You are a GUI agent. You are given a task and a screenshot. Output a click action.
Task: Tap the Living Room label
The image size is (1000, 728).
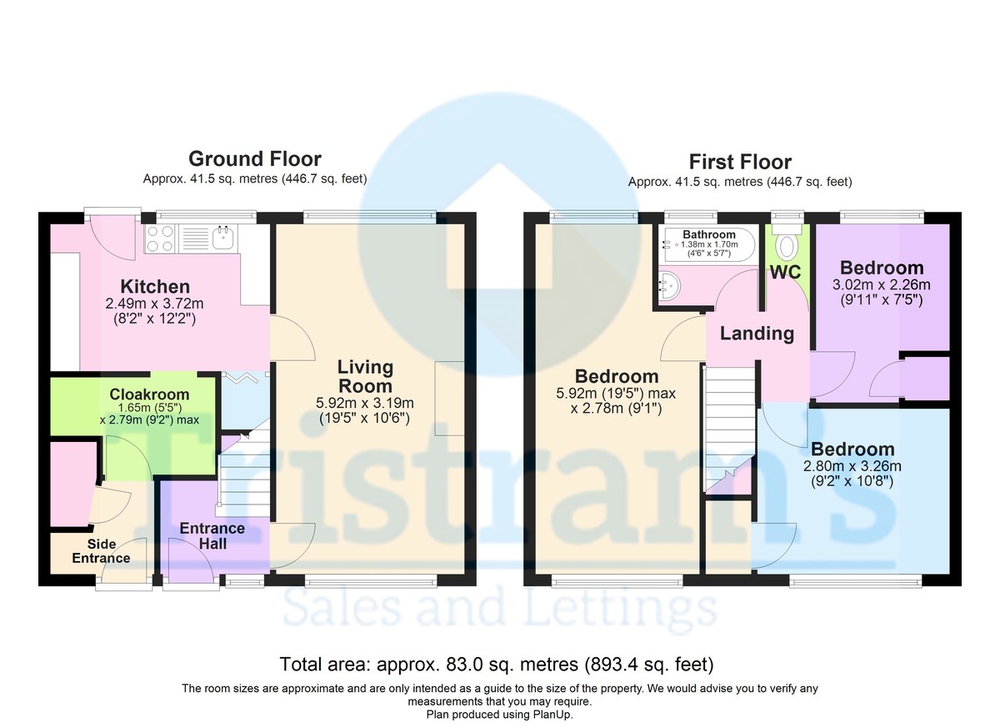point(365,377)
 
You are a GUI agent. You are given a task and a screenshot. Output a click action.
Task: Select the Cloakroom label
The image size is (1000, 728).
point(149,394)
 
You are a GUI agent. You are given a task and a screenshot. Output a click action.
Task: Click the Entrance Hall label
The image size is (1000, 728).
point(212,535)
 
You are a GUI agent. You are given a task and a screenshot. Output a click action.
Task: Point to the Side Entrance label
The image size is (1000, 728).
point(101,550)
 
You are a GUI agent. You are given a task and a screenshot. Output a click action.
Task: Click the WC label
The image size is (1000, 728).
point(785,273)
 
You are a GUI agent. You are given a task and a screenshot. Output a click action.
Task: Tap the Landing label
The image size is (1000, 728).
point(757,334)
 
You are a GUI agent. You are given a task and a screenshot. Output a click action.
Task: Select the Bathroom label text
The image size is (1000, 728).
point(709,234)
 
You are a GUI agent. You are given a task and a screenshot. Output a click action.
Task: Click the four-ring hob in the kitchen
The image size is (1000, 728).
point(159,239)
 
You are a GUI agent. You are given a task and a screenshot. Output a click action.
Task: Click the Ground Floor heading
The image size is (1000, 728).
point(254,158)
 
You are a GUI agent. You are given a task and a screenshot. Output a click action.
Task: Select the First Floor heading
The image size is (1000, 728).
point(740,162)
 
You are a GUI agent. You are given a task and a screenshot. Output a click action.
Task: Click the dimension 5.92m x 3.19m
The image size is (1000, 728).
point(365,404)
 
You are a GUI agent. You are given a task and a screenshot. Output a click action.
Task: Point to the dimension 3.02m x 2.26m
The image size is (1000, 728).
point(882,284)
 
